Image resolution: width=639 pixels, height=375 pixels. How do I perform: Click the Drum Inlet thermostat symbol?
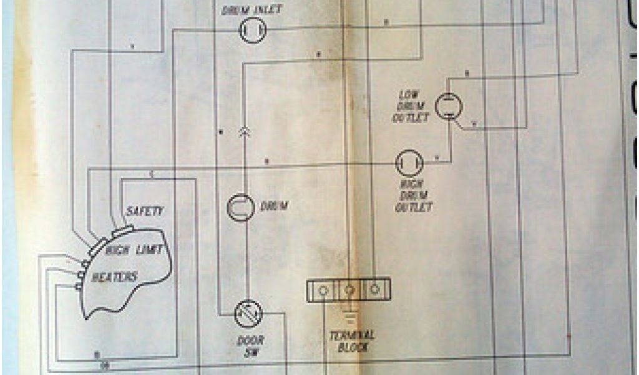coord(253,29)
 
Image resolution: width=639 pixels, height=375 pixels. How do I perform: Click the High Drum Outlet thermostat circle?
coord(410,164)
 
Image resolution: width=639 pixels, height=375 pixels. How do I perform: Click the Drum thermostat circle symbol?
coord(240,207)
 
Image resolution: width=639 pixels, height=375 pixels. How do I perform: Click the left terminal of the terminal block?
coord(323,290)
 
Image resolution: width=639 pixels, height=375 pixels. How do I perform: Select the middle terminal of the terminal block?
coord(349,290)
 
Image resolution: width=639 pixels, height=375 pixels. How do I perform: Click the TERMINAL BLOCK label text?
coord(351,340)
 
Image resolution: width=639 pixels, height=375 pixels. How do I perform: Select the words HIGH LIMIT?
coord(134,250)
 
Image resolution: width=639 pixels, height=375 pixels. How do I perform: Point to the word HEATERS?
coord(114,276)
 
